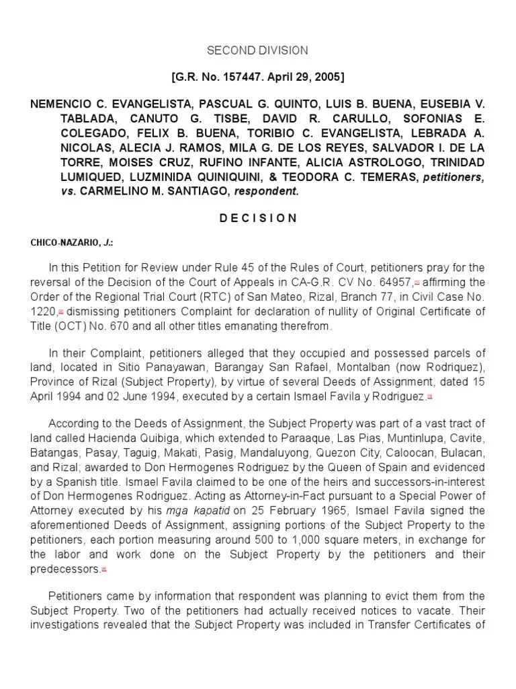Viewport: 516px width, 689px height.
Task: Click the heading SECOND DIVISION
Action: click(257, 50)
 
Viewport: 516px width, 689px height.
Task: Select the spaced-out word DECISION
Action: click(257, 218)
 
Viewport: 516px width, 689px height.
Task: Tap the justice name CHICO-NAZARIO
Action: click(59, 243)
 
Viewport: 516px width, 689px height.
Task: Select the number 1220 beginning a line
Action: click(43, 312)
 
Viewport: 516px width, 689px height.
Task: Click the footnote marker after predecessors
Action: click(104, 569)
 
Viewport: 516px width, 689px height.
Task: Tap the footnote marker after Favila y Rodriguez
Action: click(429, 396)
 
